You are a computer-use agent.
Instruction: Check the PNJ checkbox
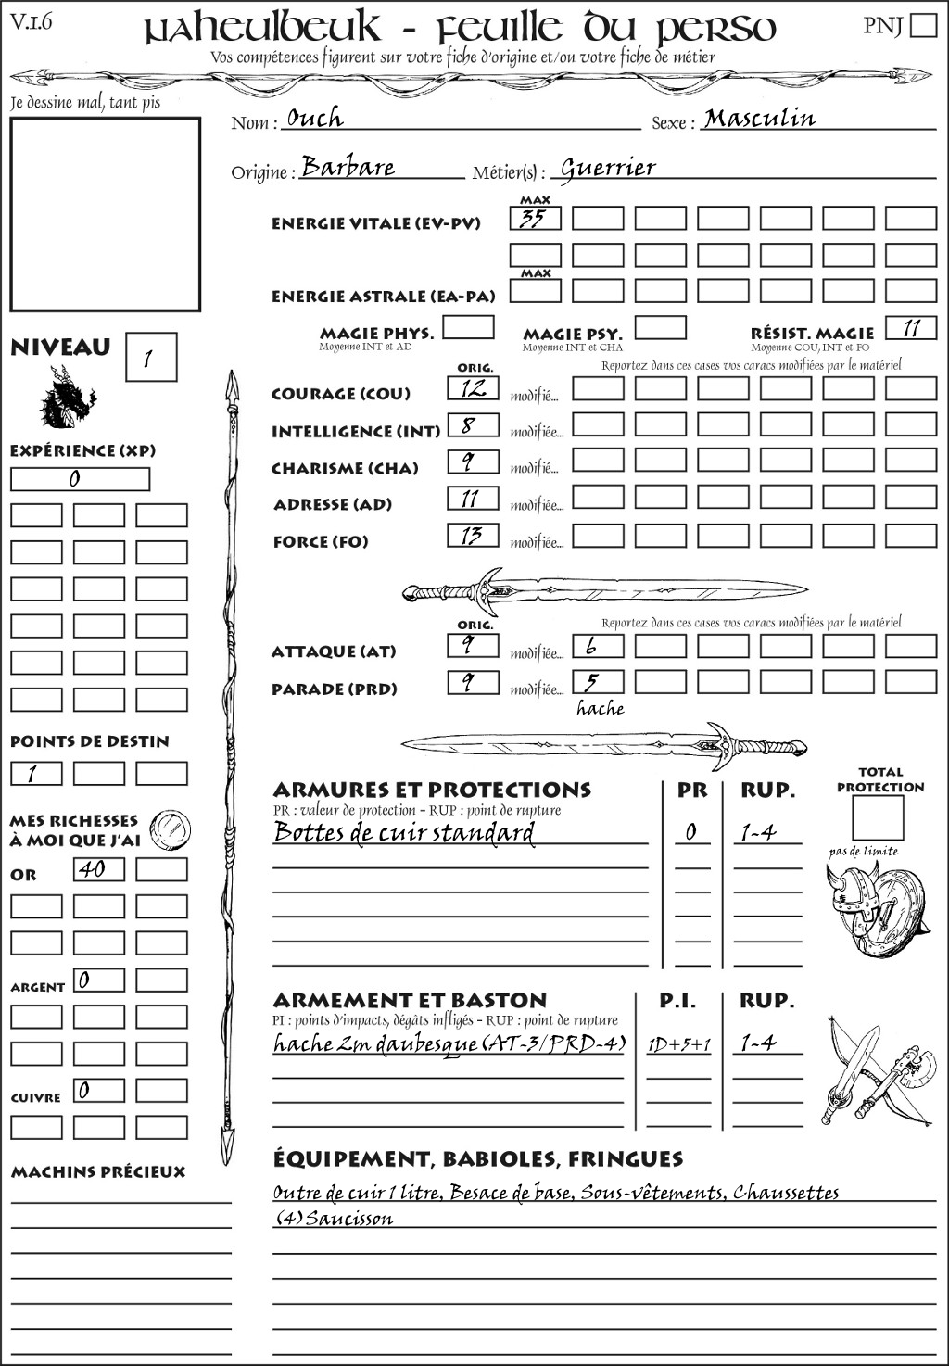pos(923,25)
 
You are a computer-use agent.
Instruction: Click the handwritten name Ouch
pos(315,119)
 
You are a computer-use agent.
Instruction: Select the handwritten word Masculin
pos(759,119)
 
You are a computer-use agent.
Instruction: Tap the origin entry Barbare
pos(348,168)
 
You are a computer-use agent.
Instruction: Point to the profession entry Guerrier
pos(608,169)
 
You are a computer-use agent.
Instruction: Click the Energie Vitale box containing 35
pos(535,219)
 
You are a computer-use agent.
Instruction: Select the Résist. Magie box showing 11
pos(911,328)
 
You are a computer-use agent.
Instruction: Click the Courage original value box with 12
pos(473,388)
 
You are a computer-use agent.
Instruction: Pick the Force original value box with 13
pos(473,536)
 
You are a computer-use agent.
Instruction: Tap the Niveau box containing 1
pos(150,357)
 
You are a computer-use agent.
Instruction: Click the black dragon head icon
pos(67,398)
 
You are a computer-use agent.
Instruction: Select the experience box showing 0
pos(80,479)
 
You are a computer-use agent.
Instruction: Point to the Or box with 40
pos(98,869)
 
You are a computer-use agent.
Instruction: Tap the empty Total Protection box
pos(877,818)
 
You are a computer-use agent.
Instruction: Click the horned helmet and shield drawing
pos(874,904)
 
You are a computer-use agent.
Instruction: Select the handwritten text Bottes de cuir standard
pos(404,832)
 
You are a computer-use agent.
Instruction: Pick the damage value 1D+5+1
pos(678,1044)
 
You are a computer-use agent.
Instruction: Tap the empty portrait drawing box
pos(105,214)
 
